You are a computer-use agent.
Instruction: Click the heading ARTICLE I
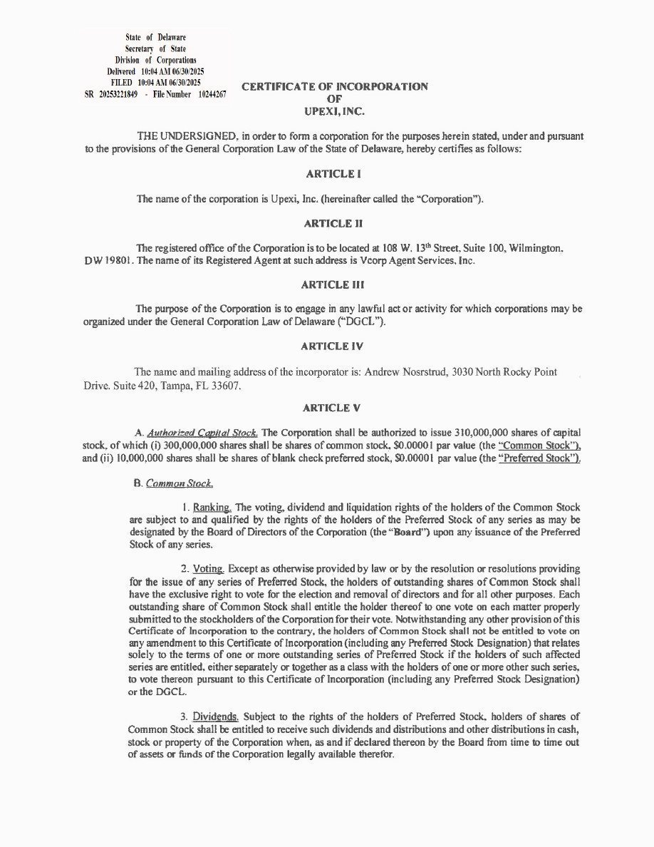pyautogui.click(x=330, y=174)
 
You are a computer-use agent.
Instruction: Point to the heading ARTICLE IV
pyautogui.click(x=332, y=346)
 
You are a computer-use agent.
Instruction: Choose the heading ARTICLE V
pyautogui.click(x=332, y=408)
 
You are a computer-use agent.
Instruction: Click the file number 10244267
pyautogui.click(x=212, y=94)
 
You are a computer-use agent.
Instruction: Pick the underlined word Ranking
pyautogui.click(x=212, y=507)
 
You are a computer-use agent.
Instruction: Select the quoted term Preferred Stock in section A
pyautogui.click(x=539, y=458)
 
